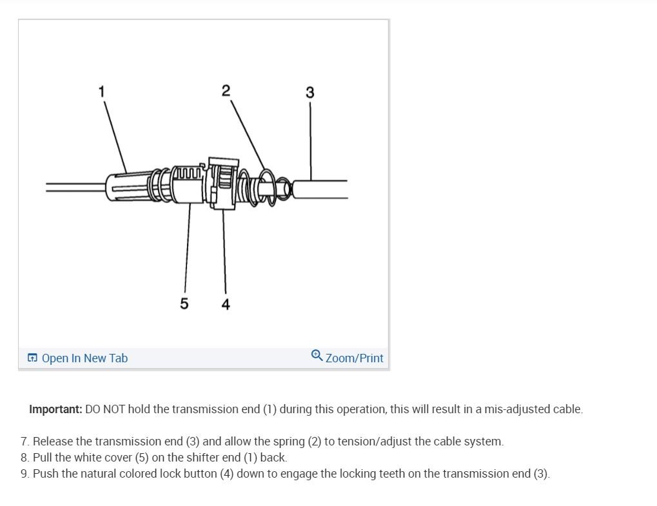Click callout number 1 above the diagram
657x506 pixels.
(x=101, y=92)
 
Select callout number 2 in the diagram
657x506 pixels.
(x=225, y=91)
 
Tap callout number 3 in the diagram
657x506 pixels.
(x=310, y=93)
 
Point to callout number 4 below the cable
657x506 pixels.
(x=226, y=304)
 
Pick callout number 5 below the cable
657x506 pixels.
(x=184, y=304)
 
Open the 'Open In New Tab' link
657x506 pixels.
(x=84, y=358)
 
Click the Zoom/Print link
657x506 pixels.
(x=354, y=358)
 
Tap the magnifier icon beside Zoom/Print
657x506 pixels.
(x=317, y=356)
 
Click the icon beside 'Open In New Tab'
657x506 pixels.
(x=32, y=358)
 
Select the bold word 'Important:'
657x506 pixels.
(x=55, y=409)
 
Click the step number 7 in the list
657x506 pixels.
(x=25, y=442)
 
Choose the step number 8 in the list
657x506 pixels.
(x=25, y=458)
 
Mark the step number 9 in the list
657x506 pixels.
(x=25, y=474)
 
